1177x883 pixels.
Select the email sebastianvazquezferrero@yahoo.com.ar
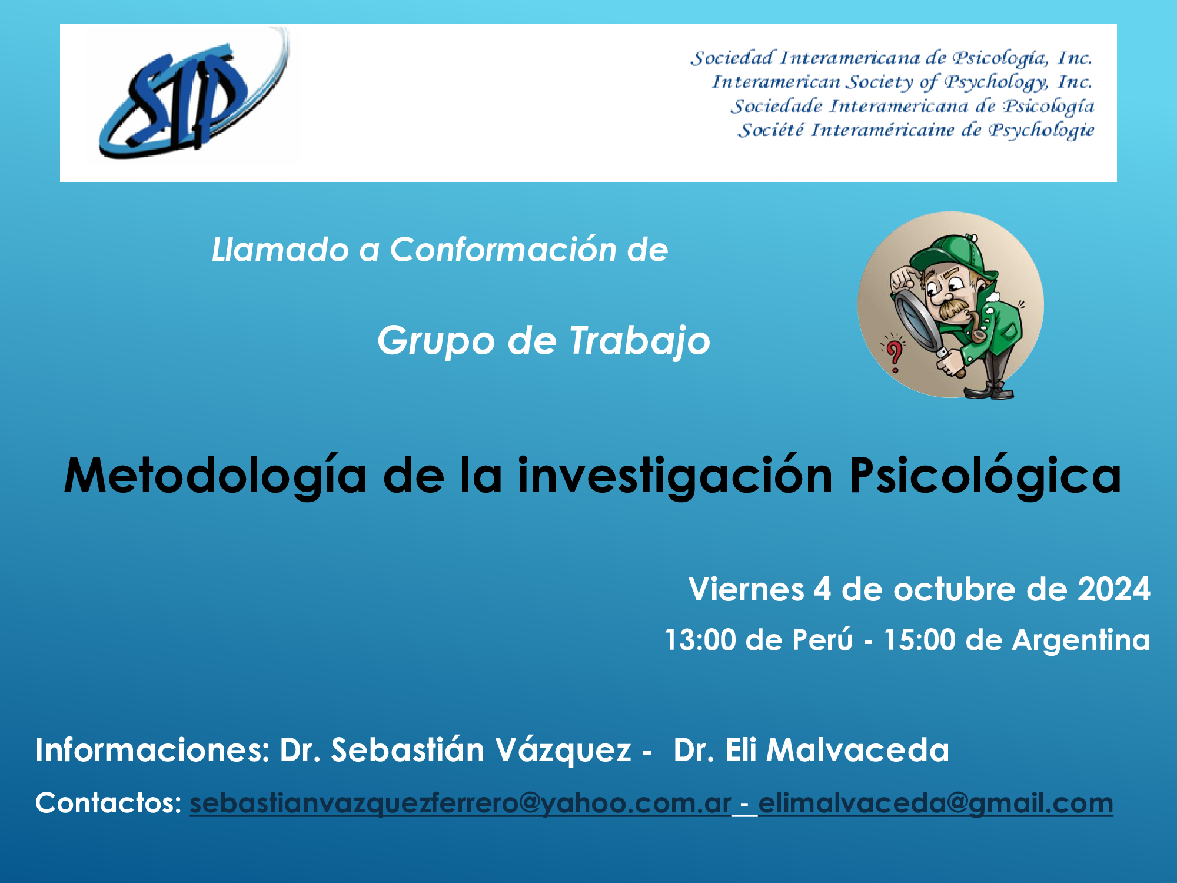[460, 803]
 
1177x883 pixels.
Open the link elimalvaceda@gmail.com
[936, 803]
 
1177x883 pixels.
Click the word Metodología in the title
[215, 477]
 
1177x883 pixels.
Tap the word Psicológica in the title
[985, 477]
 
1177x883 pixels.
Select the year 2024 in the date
[1113, 589]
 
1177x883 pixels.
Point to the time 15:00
[920, 640]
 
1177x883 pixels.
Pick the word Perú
[822, 639]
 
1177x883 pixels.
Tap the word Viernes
[746, 589]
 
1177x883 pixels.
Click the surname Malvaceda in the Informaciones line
[857, 750]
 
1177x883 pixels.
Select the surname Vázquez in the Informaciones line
[563, 750]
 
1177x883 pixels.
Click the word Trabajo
[640, 341]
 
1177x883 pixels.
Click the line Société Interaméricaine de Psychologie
[916, 130]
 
